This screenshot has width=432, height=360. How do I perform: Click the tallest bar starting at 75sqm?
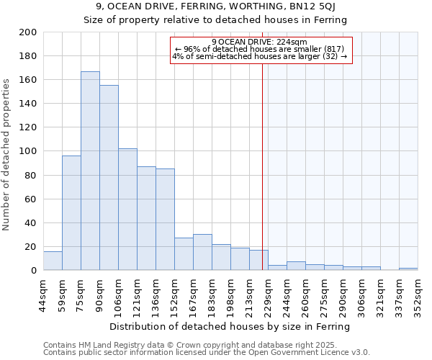click(90, 171)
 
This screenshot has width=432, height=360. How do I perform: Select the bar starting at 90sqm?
click(109, 177)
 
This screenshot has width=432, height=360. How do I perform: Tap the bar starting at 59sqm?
click(71, 212)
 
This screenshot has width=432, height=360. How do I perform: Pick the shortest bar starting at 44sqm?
click(53, 261)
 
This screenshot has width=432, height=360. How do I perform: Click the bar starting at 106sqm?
click(127, 209)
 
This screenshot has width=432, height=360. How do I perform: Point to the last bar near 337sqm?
click(408, 269)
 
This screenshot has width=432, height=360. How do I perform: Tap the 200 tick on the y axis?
click(28, 32)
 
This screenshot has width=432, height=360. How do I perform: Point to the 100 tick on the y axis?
click(28, 151)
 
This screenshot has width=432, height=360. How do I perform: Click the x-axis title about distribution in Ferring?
click(230, 326)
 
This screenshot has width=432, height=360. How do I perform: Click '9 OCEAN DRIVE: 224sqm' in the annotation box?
click(260, 42)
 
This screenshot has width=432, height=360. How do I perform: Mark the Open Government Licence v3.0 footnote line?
click(206, 353)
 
